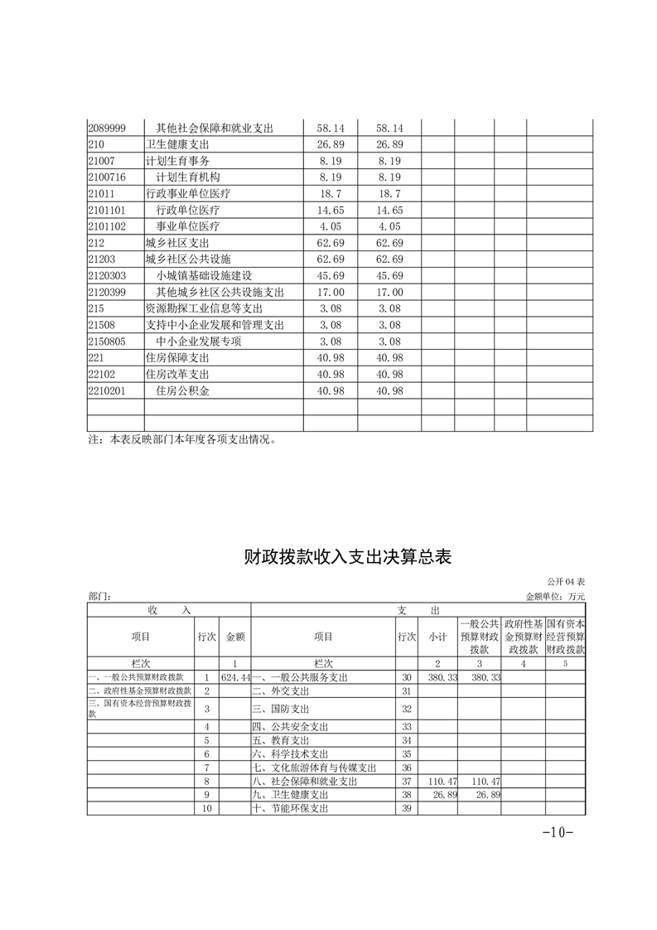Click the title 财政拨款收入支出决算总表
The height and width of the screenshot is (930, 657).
pyautogui.click(x=347, y=556)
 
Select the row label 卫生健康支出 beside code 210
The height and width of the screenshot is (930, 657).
pyautogui.click(x=177, y=145)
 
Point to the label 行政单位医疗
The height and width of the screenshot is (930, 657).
pyautogui.click(x=188, y=211)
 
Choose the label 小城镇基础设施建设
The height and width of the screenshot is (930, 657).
pyautogui.click(x=204, y=275)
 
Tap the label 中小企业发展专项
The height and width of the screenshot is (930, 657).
pyautogui.click(x=199, y=341)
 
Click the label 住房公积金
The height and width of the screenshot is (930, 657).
pyautogui.click(x=183, y=390)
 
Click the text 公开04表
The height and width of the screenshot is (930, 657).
pyautogui.click(x=566, y=583)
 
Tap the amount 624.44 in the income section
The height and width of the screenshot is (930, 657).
pyautogui.click(x=235, y=677)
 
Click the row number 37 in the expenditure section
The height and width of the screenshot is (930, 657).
pyautogui.click(x=406, y=781)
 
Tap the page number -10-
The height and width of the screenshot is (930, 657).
pyautogui.click(x=557, y=832)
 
